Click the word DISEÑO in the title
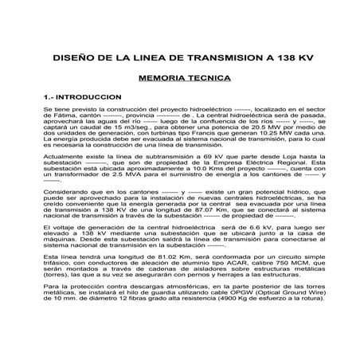tap(88, 59)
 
